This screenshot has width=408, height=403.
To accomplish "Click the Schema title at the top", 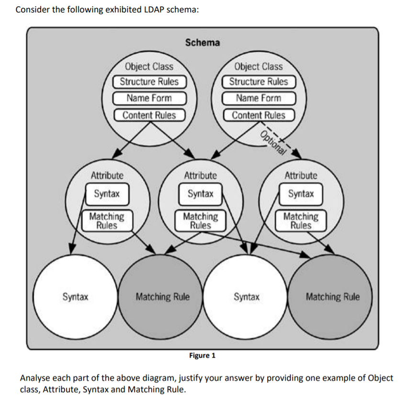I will tap(203, 43).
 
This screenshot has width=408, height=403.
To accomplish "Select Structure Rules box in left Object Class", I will tap(149, 82).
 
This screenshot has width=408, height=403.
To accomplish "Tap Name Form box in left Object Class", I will tap(149, 99).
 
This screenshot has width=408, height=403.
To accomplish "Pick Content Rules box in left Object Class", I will tap(149, 115).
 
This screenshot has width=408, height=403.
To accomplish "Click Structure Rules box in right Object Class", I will tap(259, 82).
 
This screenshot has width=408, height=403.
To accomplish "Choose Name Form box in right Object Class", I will tap(259, 99).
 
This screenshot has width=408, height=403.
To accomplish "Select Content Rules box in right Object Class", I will tap(259, 115).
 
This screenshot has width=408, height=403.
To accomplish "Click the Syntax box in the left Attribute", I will tap(107, 194).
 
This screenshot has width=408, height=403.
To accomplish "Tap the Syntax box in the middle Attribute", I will tap(200, 194).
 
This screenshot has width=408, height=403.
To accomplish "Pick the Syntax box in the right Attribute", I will tap(301, 194).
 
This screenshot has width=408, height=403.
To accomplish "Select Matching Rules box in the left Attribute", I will tap(106, 221).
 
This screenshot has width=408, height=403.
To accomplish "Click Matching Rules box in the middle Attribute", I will tap(200, 221).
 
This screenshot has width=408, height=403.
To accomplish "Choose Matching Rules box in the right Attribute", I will tap(300, 221).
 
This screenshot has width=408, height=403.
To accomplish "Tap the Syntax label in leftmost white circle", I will tap(76, 297).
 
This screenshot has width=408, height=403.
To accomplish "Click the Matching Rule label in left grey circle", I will tap(162, 297).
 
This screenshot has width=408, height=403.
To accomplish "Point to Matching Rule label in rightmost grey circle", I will tap(332, 297).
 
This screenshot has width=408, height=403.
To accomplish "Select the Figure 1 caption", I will tap(202, 355).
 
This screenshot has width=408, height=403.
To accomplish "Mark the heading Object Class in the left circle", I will tap(149, 67).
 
